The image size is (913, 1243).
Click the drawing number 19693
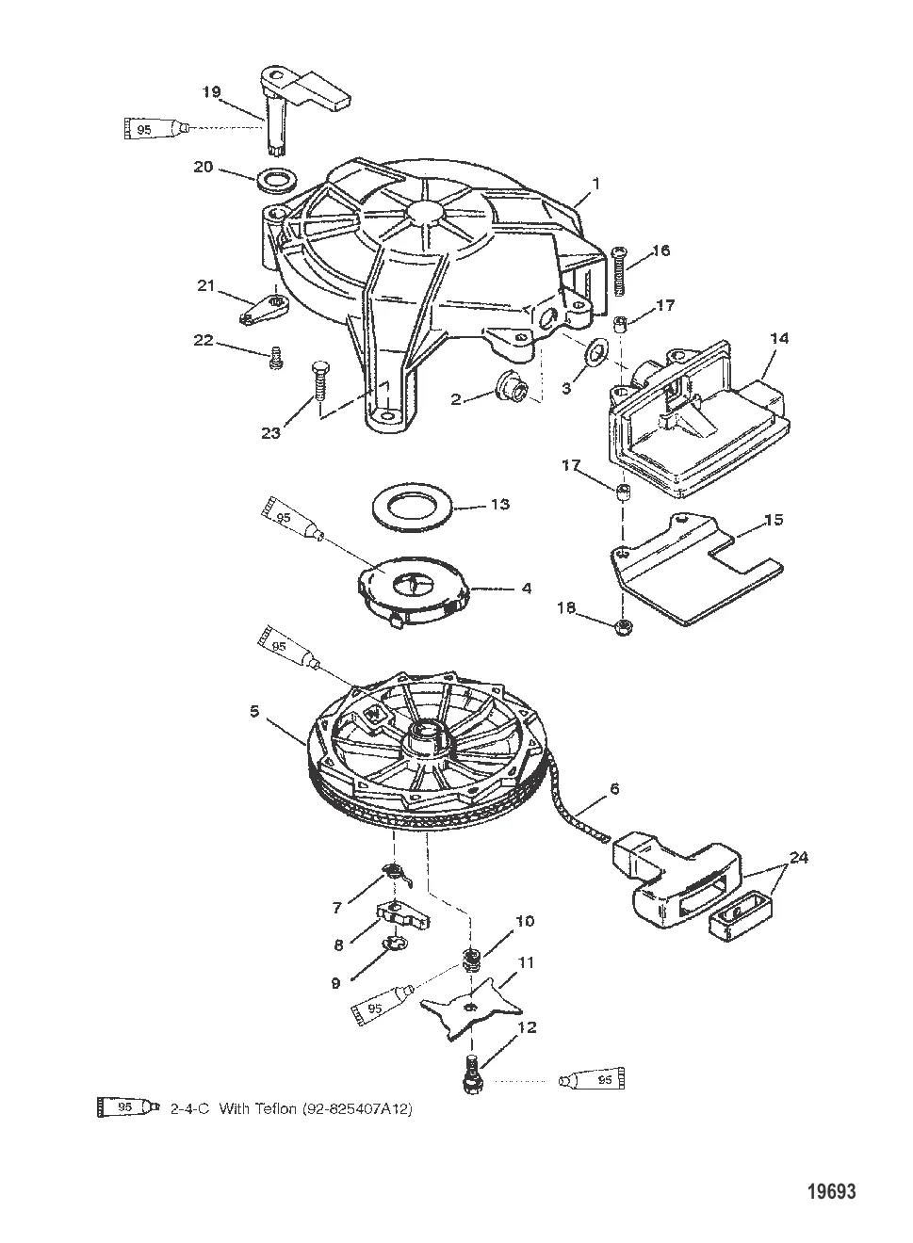point(831,1191)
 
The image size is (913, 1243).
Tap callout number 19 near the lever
point(212,91)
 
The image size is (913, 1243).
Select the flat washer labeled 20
point(277,182)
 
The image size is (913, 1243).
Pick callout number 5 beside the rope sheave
point(254,711)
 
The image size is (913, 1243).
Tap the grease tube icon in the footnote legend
point(128,1107)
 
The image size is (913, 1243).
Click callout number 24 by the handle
point(799,858)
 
